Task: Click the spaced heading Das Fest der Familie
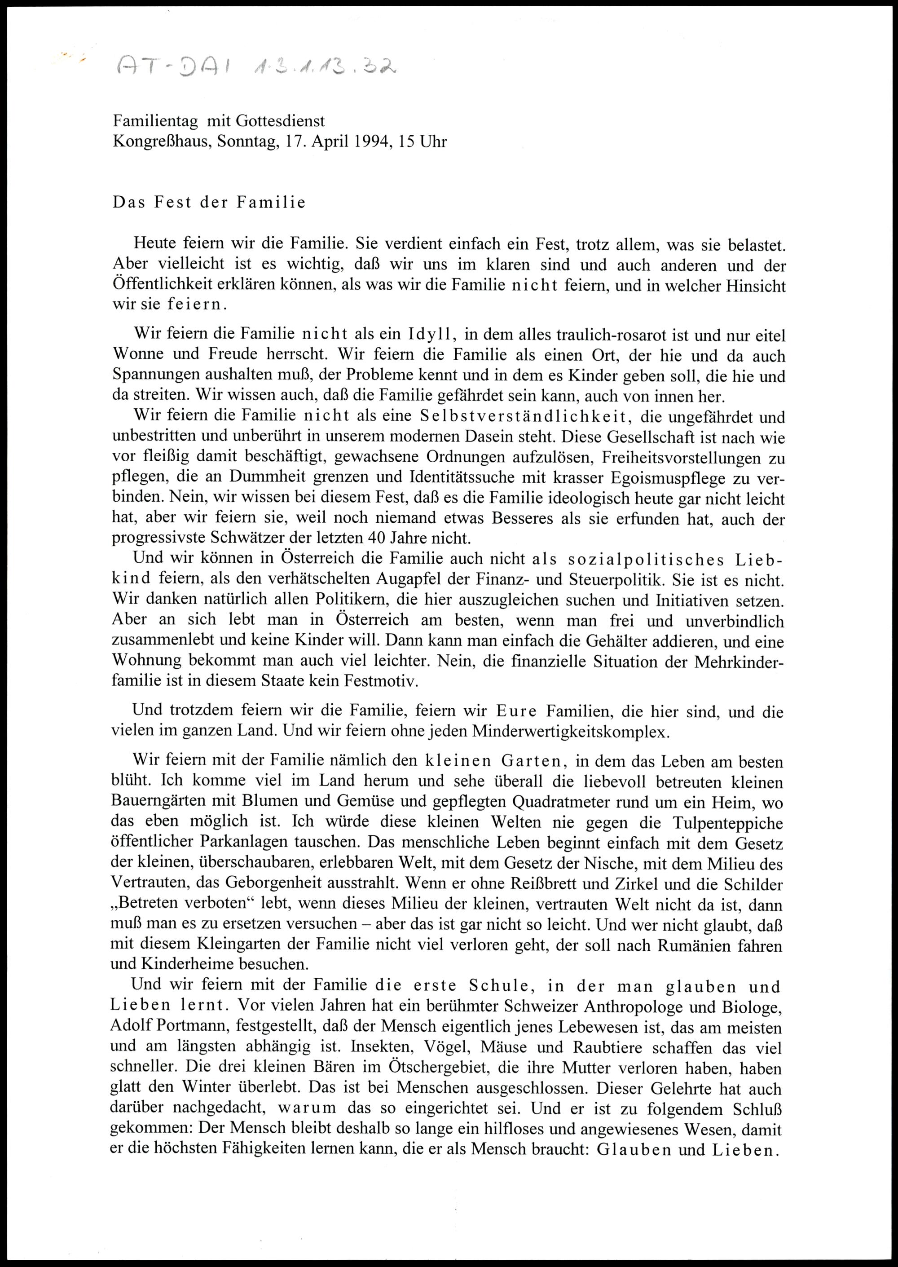click(x=209, y=203)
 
